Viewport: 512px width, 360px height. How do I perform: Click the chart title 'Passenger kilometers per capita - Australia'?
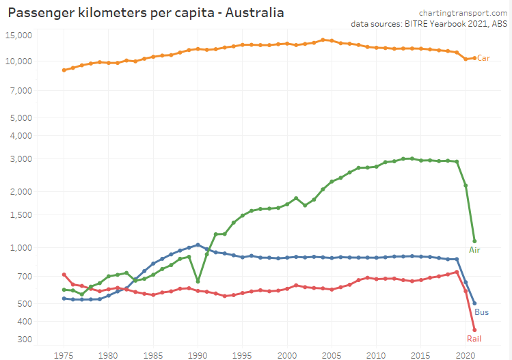[146, 13]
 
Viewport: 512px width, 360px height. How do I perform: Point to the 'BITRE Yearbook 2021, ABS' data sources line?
[429, 23]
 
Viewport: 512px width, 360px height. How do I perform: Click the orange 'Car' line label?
[483, 58]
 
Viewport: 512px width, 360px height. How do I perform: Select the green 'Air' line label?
[474, 250]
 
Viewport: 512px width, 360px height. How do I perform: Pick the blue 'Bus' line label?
[482, 312]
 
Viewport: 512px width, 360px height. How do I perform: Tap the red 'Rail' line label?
[474, 338]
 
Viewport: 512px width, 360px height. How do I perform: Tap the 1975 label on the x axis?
[64, 355]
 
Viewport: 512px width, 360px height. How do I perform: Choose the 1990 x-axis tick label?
[198, 355]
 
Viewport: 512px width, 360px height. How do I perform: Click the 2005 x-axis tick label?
[332, 355]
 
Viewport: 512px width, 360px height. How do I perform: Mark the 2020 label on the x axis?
[466, 355]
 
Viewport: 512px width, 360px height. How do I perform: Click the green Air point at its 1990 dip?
[198, 281]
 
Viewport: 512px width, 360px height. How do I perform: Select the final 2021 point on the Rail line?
[474, 330]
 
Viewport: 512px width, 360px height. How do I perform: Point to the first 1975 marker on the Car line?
[64, 70]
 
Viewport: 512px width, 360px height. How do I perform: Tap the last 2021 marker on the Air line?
[474, 241]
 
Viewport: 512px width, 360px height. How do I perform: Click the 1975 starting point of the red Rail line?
[64, 275]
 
